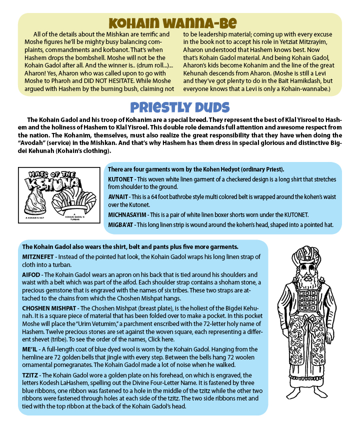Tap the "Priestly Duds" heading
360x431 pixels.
(180, 107)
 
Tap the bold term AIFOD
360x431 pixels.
(30, 275)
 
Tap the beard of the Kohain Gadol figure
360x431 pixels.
(307, 280)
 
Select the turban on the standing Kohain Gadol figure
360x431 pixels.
(307, 255)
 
